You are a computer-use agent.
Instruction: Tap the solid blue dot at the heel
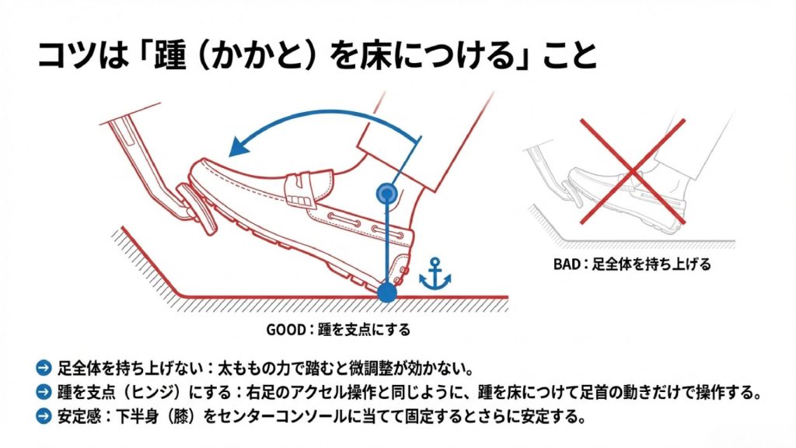click(386, 293)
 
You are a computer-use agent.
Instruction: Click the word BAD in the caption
click(567, 264)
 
